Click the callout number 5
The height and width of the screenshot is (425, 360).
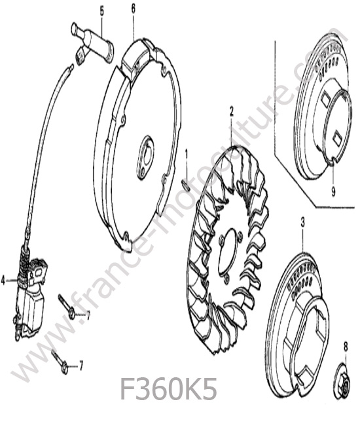coord(101,12)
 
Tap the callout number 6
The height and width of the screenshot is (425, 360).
coord(134,9)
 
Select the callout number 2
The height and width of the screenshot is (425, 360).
coord(232,112)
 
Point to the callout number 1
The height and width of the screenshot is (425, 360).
coord(187,154)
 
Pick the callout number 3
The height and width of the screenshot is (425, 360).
coord(303,222)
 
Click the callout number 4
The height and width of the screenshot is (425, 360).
coord(3,281)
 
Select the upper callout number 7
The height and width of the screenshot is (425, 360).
coord(88,316)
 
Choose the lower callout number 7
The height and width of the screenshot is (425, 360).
coord(81,366)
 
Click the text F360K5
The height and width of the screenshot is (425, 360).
coord(168,388)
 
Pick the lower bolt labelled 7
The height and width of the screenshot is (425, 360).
coord(60,362)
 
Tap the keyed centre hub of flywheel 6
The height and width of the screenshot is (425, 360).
coord(145,157)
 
